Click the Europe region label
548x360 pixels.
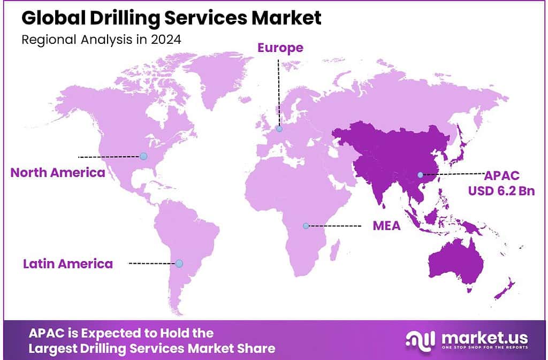coord(280,48)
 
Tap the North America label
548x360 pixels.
coord(58,172)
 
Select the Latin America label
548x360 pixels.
coord(68,264)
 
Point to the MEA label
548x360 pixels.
coord(386,226)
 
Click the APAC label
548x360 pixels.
coord(501,175)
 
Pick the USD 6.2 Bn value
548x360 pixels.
coord(501,190)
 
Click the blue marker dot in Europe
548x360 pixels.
coord(279,129)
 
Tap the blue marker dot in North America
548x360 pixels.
coord(143,156)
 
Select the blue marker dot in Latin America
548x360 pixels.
coord(179,263)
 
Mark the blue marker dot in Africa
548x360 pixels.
coord(306,226)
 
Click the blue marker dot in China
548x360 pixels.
coord(420,175)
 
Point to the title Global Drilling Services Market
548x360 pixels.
coord(172,18)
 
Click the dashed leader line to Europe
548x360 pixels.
coord(278,91)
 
